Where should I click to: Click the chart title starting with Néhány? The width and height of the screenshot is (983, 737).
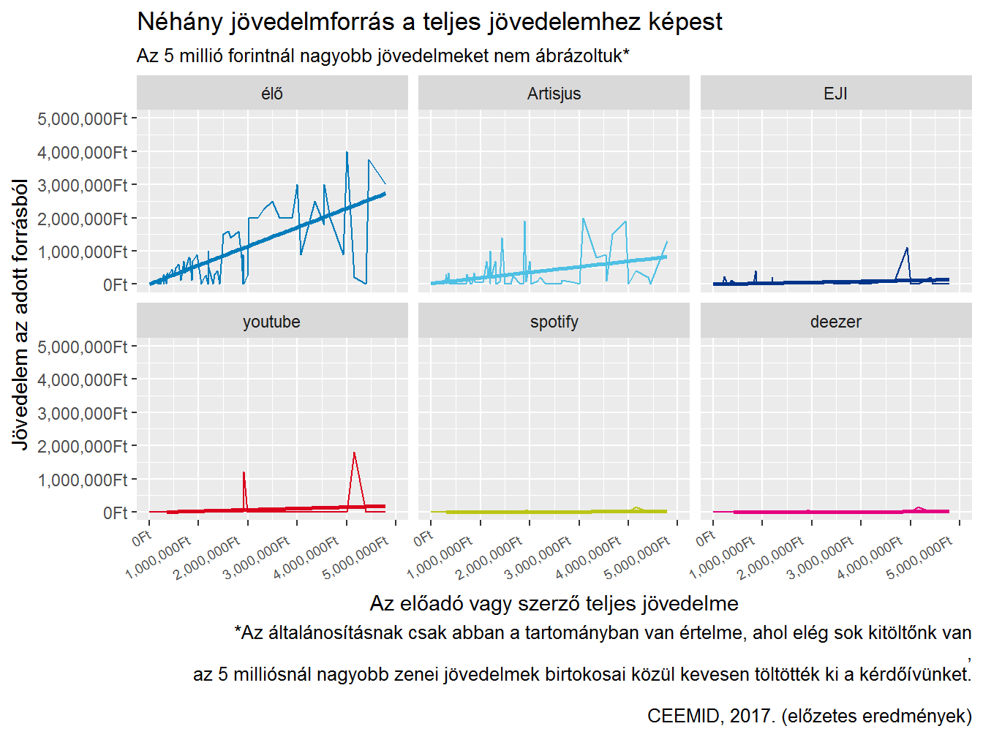(x=429, y=22)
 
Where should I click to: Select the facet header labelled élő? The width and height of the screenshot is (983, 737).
(x=272, y=94)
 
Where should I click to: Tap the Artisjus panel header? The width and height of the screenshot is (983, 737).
(x=554, y=94)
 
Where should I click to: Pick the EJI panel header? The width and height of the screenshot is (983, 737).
(x=835, y=94)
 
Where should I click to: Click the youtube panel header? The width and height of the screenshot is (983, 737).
(x=272, y=322)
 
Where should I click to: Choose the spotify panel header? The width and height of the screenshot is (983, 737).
(x=554, y=322)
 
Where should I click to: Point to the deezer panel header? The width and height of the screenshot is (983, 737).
(x=835, y=322)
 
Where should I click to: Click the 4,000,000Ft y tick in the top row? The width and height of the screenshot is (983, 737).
(x=83, y=152)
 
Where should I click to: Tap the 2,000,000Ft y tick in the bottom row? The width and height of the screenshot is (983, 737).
(x=83, y=446)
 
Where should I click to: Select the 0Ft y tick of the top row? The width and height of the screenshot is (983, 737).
(x=115, y=285)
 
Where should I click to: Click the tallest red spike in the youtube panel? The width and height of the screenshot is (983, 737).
(x=354, y=453)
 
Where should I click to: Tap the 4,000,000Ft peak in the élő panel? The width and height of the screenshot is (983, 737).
(x=347, y=153)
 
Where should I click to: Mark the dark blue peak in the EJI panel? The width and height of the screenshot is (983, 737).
(x=907, y=249)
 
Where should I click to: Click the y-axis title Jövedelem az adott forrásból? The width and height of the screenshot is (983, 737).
(x=20, y=314)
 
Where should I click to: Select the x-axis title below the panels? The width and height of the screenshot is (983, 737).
(x=554, y=603)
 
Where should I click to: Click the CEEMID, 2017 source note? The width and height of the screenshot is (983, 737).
(x=809, y=716)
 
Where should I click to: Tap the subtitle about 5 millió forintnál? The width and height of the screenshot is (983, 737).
(x=383, y=56)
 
